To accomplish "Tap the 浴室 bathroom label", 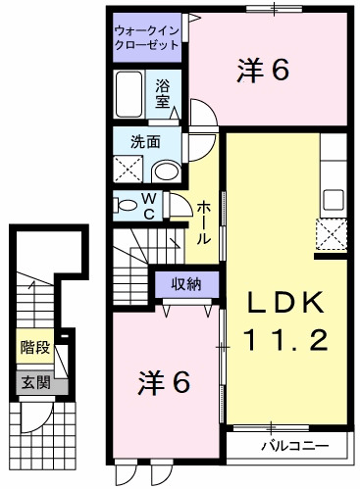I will pos(163,93).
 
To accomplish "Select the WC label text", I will pos(150,205).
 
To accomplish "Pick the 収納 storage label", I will pos(180,285).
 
